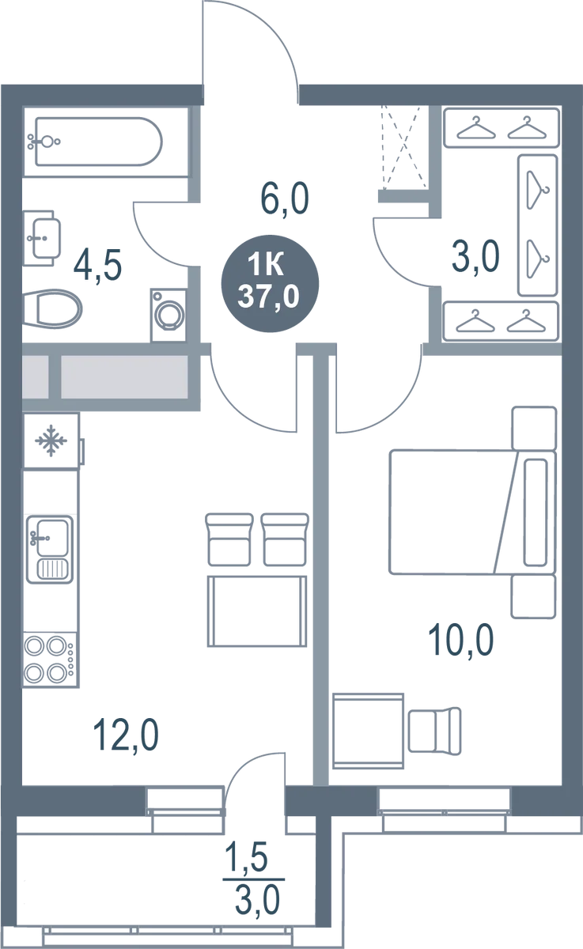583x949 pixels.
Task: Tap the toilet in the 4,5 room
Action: [x=51, y=308]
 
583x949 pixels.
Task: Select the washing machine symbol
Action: [x=169, y=315]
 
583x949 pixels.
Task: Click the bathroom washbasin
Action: [x=41, y=238]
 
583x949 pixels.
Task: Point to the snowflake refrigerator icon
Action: [x=51, y=440]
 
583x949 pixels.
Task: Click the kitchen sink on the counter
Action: [x=50, y=549]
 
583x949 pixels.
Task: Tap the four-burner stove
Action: [x=50, y=660]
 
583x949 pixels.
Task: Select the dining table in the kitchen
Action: [x=257, y=611]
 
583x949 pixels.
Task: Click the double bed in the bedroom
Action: [x=472, y=512]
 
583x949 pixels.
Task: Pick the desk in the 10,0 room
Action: [x=368, y=731]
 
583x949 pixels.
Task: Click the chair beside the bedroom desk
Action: [x=435, y=731]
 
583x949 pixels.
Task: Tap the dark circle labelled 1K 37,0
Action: [x=270, y=283]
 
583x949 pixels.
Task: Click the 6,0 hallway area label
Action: [x=285, y=198]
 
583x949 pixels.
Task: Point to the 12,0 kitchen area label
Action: [x=126, y=735]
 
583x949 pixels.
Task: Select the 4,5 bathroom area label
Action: [x=97, y=265]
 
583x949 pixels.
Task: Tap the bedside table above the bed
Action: [x=534, y=429]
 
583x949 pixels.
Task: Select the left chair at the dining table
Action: [x=229, y=539]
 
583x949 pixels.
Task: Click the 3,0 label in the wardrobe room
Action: [x=475, y=257]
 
